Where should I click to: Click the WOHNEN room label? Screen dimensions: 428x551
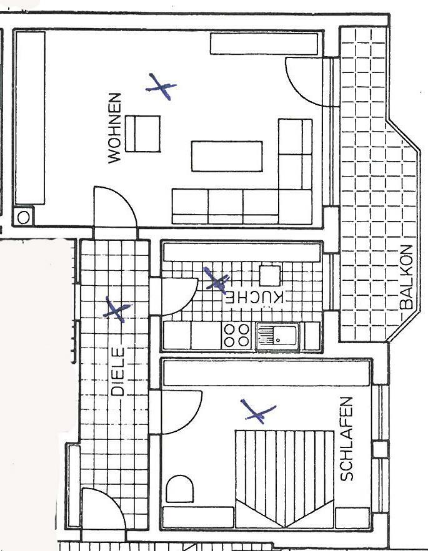coord(115,128)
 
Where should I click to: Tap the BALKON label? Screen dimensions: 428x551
coord(406,277)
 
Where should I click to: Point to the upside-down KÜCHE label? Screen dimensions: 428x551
coord(254,298)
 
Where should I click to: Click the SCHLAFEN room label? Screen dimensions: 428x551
coord(346,439)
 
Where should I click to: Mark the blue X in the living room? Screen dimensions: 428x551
coord(161,87)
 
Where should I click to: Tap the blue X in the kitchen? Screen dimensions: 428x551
coord(216,280)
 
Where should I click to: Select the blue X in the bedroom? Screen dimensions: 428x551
coord(258,411)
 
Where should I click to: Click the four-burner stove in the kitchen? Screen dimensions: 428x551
coord(236,336)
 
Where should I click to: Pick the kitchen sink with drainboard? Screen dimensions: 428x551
coord(277,336)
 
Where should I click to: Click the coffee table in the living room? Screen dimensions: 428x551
coord(227,157)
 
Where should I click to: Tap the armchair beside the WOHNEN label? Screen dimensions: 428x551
coord(143,134)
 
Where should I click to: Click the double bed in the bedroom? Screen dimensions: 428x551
coord(284,479)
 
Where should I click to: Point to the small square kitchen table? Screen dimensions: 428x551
coord(271,276)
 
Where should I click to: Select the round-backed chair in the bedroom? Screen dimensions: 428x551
coord(179,489)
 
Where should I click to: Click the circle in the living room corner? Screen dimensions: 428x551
coord(24,218)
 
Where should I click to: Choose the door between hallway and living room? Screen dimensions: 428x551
coord(115,208)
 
